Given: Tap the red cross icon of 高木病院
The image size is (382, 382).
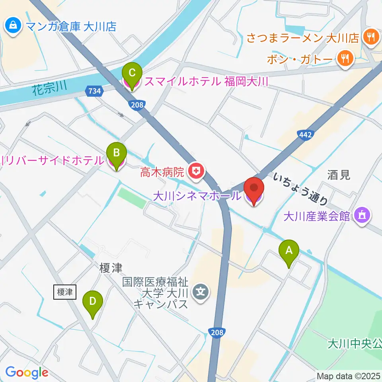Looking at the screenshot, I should (x=195, y=172).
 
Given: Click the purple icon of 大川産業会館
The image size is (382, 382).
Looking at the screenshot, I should (x=362, y=216).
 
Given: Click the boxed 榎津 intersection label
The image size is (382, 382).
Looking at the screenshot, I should (x=64, y=292).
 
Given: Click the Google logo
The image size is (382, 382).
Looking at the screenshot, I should (x=27, y=372).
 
